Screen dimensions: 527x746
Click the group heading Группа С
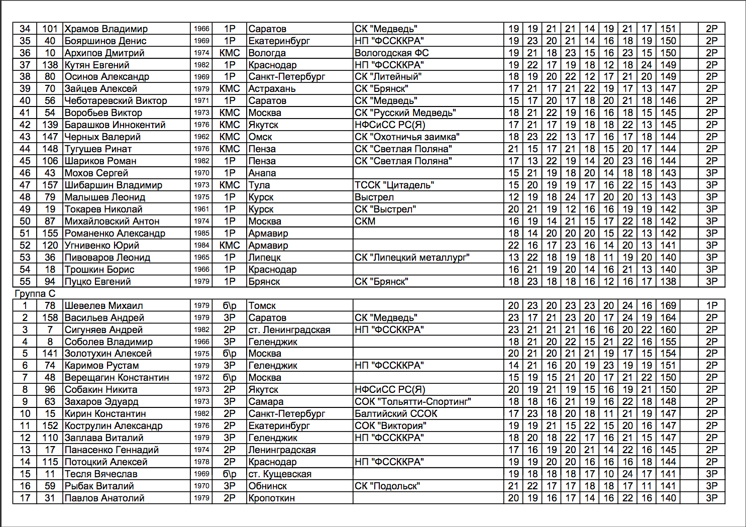[35, 293]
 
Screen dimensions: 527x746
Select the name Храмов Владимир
[106, 29]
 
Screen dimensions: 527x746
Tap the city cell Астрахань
[272, 89]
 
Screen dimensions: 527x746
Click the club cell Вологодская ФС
[391, 53]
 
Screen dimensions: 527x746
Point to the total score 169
[668, 305]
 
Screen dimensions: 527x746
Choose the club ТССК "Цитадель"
[394, 185]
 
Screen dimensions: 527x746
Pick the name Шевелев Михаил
[103, 305]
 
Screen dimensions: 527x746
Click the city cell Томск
[262, 305]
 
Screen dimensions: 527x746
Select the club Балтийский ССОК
[396, 413]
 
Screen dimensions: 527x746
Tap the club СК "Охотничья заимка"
[407, 137]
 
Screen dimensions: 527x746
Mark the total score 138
[668, 281]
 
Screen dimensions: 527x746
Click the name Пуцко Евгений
[97, 281]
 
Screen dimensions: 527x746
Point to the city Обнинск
[268, 486]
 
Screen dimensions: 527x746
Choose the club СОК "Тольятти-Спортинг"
[412, 401]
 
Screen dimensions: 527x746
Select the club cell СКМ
[365, 221]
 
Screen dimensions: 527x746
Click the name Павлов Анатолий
[104, 498]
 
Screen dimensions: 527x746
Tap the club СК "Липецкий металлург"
[412, 257]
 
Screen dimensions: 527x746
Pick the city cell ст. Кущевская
[280, 474]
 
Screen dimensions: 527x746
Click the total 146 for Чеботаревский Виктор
[668, 100]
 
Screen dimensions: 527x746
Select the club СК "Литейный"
[388, 77]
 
